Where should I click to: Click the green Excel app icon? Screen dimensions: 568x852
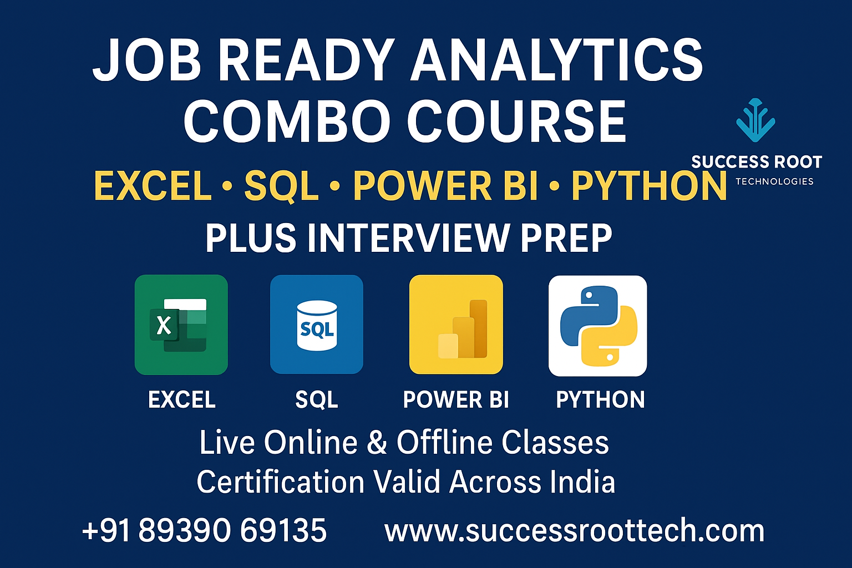[x=181, y=324]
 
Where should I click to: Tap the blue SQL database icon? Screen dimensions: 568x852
[x=316, y=324]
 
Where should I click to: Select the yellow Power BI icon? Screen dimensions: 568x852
[x=456, y=324]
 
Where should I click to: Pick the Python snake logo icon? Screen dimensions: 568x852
[x=597, y=326]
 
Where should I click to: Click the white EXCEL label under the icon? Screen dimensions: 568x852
[x=181, y=400]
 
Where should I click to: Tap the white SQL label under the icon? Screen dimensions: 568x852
[x=316, y=400]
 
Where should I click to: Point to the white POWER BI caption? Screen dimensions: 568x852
[x=456, y=400]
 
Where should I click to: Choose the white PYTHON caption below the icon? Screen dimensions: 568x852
[x=600, y=400]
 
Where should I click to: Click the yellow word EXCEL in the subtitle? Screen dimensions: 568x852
[x=153, y=186]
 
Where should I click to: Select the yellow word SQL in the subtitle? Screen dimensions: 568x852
[x=281, y=186]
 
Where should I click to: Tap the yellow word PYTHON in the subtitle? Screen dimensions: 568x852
[x=649, y=186]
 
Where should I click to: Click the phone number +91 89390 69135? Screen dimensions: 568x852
[x=204, y=530]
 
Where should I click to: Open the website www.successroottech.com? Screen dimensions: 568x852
[x=574, y=531]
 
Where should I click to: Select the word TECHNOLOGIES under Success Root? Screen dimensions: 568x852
[x=774, y=181]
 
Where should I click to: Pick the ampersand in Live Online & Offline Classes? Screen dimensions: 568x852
[x=377, y=443]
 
